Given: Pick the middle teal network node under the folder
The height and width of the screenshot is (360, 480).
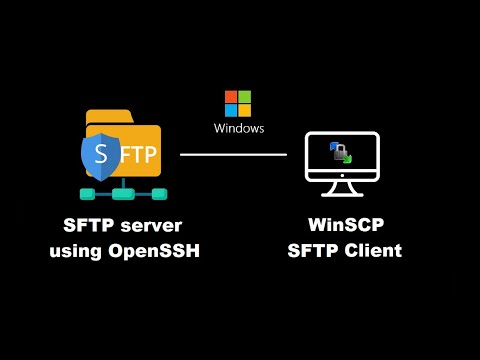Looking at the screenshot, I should [x=124, y=192].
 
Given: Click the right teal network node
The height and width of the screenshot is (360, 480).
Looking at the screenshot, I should [x=158, y=192].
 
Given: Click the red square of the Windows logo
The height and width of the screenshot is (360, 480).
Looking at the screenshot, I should [x=231, y=97].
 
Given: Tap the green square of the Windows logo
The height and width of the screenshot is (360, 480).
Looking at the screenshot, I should [x=245, y=97].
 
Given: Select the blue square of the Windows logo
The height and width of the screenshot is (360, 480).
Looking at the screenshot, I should [x=231, y=111].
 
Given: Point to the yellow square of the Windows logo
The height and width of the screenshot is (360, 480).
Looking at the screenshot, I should [x=245, y=111].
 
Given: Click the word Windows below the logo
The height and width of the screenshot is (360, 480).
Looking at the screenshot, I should [x=239, y=129].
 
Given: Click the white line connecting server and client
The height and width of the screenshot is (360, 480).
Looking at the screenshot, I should [x=233, y=154].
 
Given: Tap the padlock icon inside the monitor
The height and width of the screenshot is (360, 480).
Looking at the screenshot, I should [x=340, y=154].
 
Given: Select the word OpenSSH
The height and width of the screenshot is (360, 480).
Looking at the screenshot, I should [x=152, y=250].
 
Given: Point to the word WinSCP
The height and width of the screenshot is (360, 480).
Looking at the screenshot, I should [x=341, y=225].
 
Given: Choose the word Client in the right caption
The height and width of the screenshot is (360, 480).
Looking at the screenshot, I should [x=369, y=250].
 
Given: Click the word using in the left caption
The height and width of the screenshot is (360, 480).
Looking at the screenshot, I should [x=75, y=250].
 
